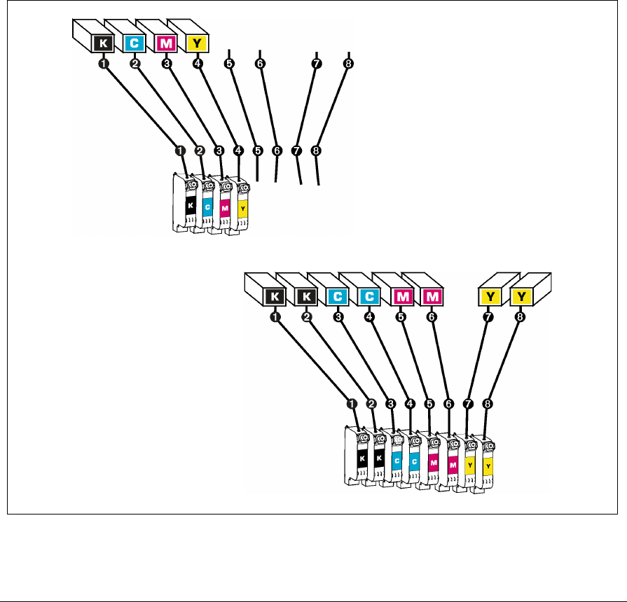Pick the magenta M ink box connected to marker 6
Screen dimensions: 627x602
432,297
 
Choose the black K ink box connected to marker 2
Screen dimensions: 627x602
305,297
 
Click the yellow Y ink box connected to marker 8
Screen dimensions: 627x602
523,297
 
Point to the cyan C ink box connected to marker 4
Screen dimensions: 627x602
369,297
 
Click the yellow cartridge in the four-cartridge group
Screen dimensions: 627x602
242,207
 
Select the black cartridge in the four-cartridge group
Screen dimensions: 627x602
188,207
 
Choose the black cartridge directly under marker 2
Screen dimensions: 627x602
380,459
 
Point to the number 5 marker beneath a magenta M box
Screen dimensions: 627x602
401,317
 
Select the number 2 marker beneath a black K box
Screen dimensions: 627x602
306,317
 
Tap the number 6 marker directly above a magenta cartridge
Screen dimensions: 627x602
449,404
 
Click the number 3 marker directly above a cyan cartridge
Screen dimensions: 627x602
391,404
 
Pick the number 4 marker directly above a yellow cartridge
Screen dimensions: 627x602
238,150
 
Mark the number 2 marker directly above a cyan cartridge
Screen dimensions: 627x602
200,150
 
